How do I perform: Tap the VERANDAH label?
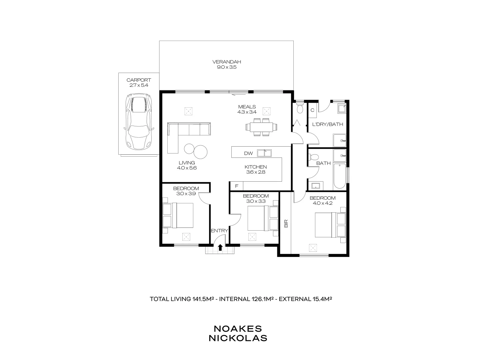[x=227, y=62]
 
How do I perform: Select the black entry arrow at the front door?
[x=220, y=247]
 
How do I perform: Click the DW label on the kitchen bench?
[x=248, y=154]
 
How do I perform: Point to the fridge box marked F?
[x=237, y=186]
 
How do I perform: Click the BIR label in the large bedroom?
[x=286, y=223]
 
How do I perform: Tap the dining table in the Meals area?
[x=262, y=127]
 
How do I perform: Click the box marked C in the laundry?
[x=313, y=110]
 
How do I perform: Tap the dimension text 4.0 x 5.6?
[x=187, y=168]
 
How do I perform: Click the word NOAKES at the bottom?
[x=238, y=329]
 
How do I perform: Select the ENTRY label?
[x=219, y=231]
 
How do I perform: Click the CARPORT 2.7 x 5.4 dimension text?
[x=139, y=85]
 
